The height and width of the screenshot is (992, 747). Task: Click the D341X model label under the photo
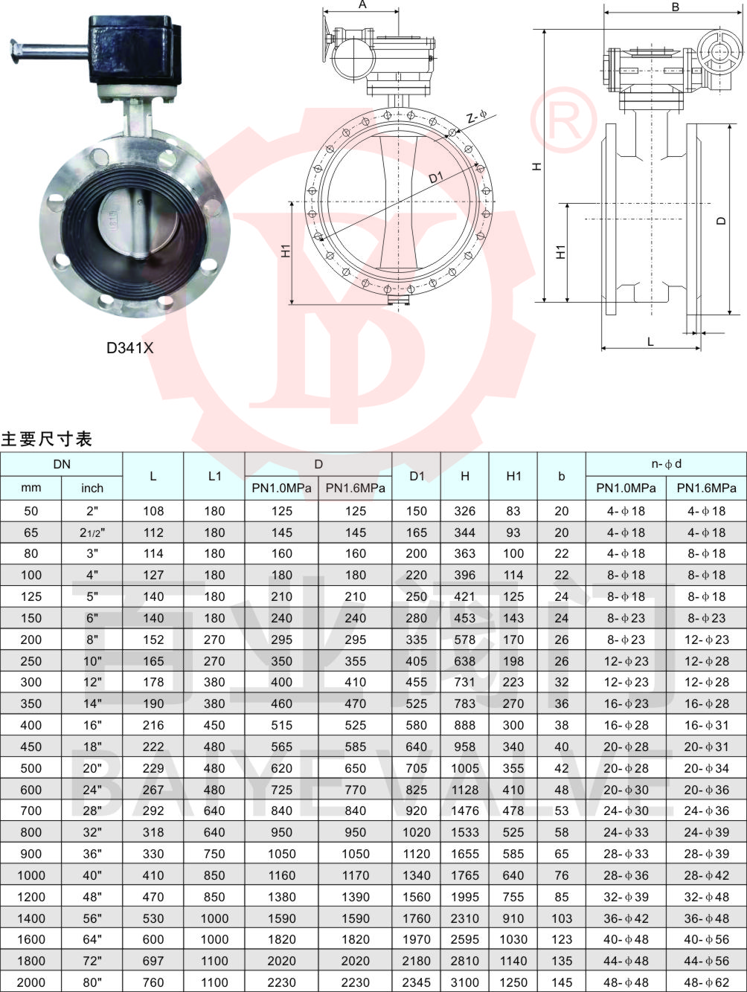pos(129,347)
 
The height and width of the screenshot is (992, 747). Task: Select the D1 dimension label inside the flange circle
pos(436,178)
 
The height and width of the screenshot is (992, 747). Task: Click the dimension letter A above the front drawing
pos(362,4)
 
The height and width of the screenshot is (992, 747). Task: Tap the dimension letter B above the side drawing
pos(676,7)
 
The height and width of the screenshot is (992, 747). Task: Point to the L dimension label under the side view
pos(651,341)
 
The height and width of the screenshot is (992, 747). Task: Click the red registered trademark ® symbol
pos(564,119)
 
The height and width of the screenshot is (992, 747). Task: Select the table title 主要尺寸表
pos(47,439)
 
